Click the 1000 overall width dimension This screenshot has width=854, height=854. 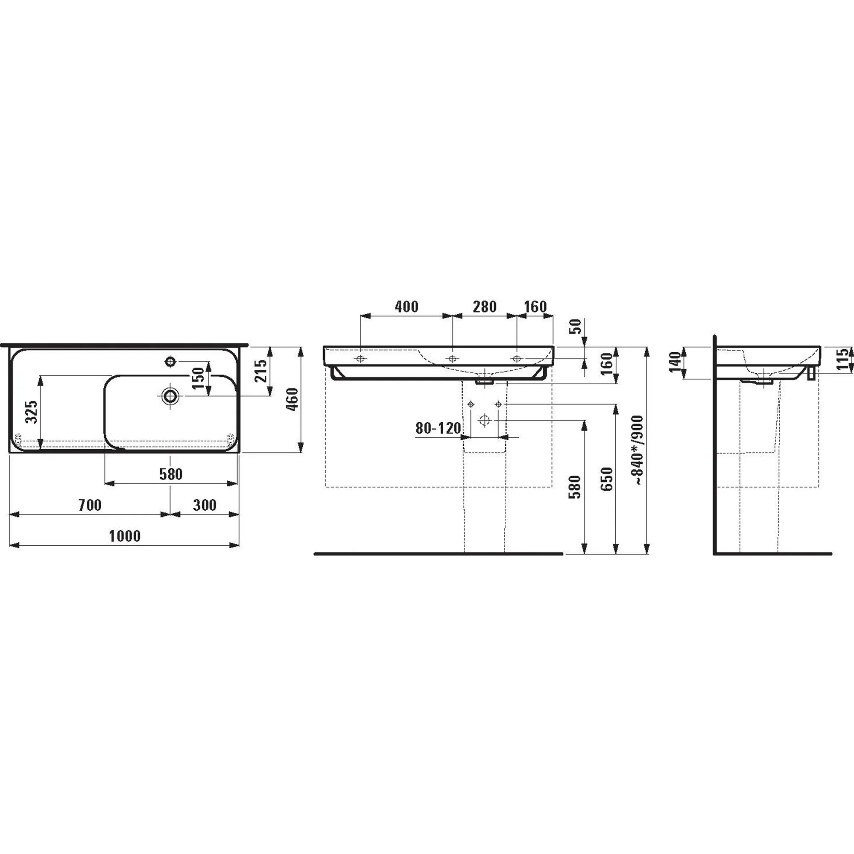pos(125,536)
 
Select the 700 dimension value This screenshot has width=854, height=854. pos(90,505)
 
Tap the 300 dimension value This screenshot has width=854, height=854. pos(205,505)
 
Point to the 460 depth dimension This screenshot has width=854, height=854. pos(292,399)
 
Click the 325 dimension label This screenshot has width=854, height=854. pos(31,412)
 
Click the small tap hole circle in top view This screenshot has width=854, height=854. pos(170,362)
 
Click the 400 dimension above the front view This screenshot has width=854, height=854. pos(406,306)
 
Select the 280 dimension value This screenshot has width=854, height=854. pos(485,306)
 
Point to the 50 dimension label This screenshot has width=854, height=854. pos(576,327)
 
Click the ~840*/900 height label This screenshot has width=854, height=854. pos(639,450)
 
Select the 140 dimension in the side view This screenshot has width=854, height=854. pos(675,362)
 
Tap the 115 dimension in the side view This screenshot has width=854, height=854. pos(843,359)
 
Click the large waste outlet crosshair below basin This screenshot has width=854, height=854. pos(485,420)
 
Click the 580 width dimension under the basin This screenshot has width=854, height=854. pos(171,474)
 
